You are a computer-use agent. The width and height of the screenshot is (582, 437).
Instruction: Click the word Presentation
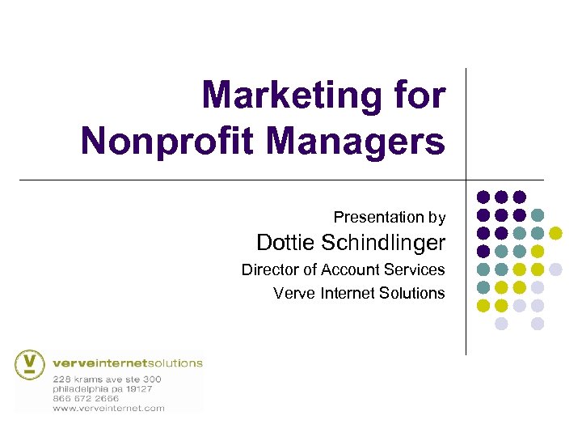click(379, 217)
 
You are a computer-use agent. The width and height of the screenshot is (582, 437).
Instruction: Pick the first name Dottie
click(286, 242)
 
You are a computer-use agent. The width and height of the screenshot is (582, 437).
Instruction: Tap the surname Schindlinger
click(383, 242)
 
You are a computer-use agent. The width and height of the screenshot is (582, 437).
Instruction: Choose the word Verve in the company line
click(295, 293)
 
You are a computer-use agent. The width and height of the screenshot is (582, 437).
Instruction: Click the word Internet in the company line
click(349, 293)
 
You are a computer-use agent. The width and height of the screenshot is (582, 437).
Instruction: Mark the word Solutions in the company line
click(413, 293)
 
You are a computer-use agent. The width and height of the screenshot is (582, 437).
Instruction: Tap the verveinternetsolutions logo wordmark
click(127, 363)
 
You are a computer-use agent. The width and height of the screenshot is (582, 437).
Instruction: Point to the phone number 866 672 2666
click(86, 398)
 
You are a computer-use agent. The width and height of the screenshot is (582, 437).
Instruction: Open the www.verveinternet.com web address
click(108, 408)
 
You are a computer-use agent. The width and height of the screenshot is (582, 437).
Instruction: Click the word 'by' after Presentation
click(437, 217)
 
